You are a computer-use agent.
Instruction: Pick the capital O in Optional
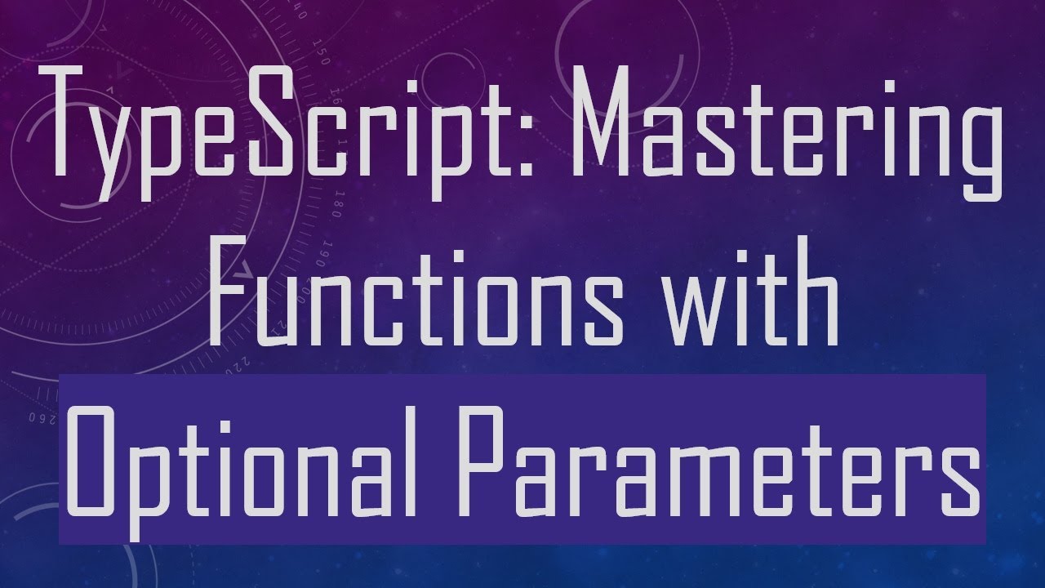coord(91,461)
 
